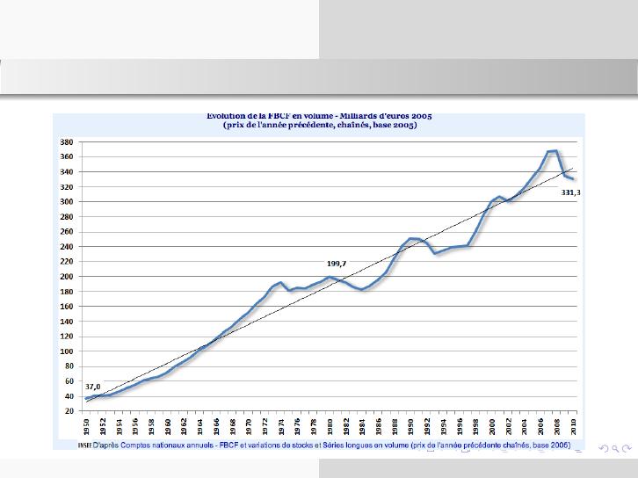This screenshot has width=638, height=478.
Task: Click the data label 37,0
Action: [x=92, y=387]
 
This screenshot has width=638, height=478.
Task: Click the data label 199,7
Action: [x=337, y=263]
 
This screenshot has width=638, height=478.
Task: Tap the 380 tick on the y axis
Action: [x=66, y=141]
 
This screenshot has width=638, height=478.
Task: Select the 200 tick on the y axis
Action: [x=66, y=276]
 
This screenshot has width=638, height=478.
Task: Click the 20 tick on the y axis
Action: [x=68, y=411]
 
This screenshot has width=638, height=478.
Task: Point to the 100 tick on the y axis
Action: [x=66, y=351]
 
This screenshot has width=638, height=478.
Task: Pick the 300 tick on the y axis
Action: [x=66, y=201]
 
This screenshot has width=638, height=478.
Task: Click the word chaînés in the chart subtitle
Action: [x=359, y=125]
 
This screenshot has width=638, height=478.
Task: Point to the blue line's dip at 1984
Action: [x=362, y=289]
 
